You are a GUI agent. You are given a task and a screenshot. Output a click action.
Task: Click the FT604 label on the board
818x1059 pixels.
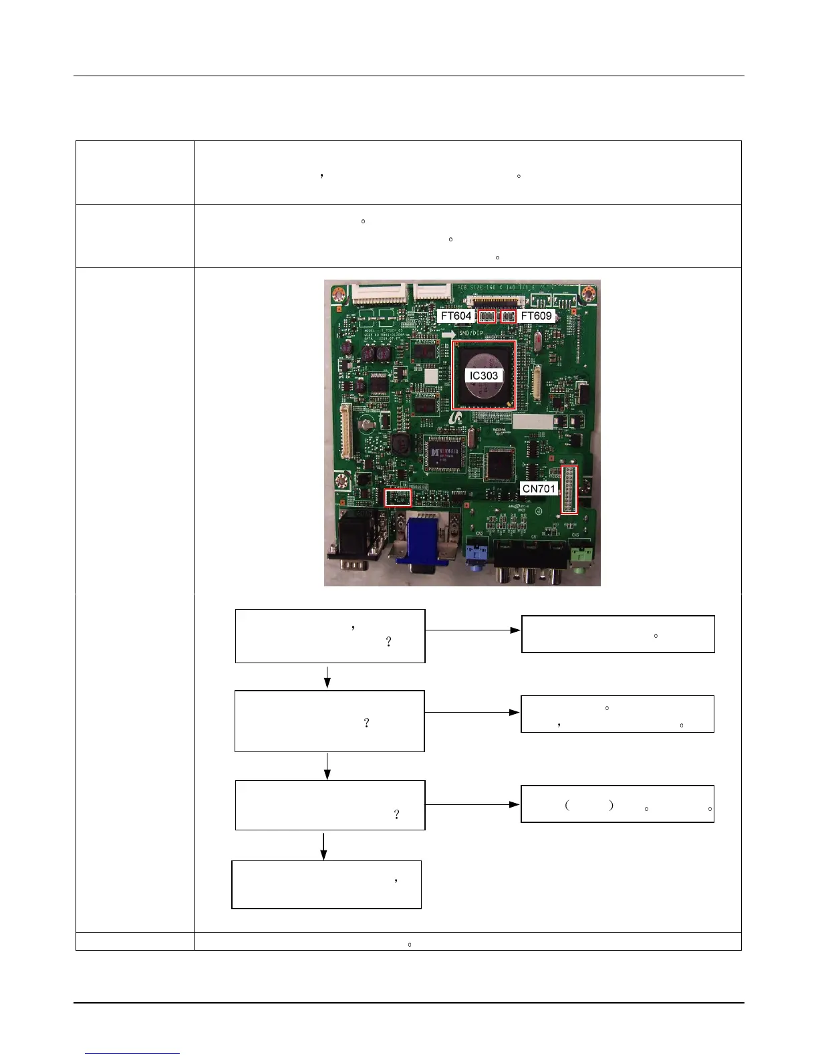(x=457, y=316)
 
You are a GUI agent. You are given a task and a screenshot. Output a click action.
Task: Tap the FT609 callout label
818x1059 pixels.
(x=537, y=316)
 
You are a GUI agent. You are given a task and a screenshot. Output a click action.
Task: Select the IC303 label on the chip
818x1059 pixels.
(x=483, y=375)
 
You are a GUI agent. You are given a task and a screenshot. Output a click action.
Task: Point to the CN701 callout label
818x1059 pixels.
(x=539, y=488)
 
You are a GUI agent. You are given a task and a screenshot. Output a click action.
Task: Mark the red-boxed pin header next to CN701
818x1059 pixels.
(x=569, y=489)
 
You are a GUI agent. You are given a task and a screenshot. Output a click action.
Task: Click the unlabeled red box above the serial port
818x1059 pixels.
(x=398, y=497)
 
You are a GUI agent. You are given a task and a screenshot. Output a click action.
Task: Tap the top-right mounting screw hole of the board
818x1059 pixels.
(x=588, y=293)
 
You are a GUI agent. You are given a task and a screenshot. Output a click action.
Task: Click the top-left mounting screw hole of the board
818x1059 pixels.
(x=339, y=293)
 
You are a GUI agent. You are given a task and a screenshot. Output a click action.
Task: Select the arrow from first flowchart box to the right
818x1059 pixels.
(x=472, y=630)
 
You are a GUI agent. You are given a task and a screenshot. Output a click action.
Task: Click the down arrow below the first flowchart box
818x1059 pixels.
(x=327, y=677)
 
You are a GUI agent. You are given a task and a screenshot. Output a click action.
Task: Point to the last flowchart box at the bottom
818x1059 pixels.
(x=326, y=885)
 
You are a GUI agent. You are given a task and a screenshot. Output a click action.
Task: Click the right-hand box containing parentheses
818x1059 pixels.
(x=617, y=804)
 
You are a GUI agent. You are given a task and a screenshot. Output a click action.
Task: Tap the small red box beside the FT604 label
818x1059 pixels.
(x=487, y=316)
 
